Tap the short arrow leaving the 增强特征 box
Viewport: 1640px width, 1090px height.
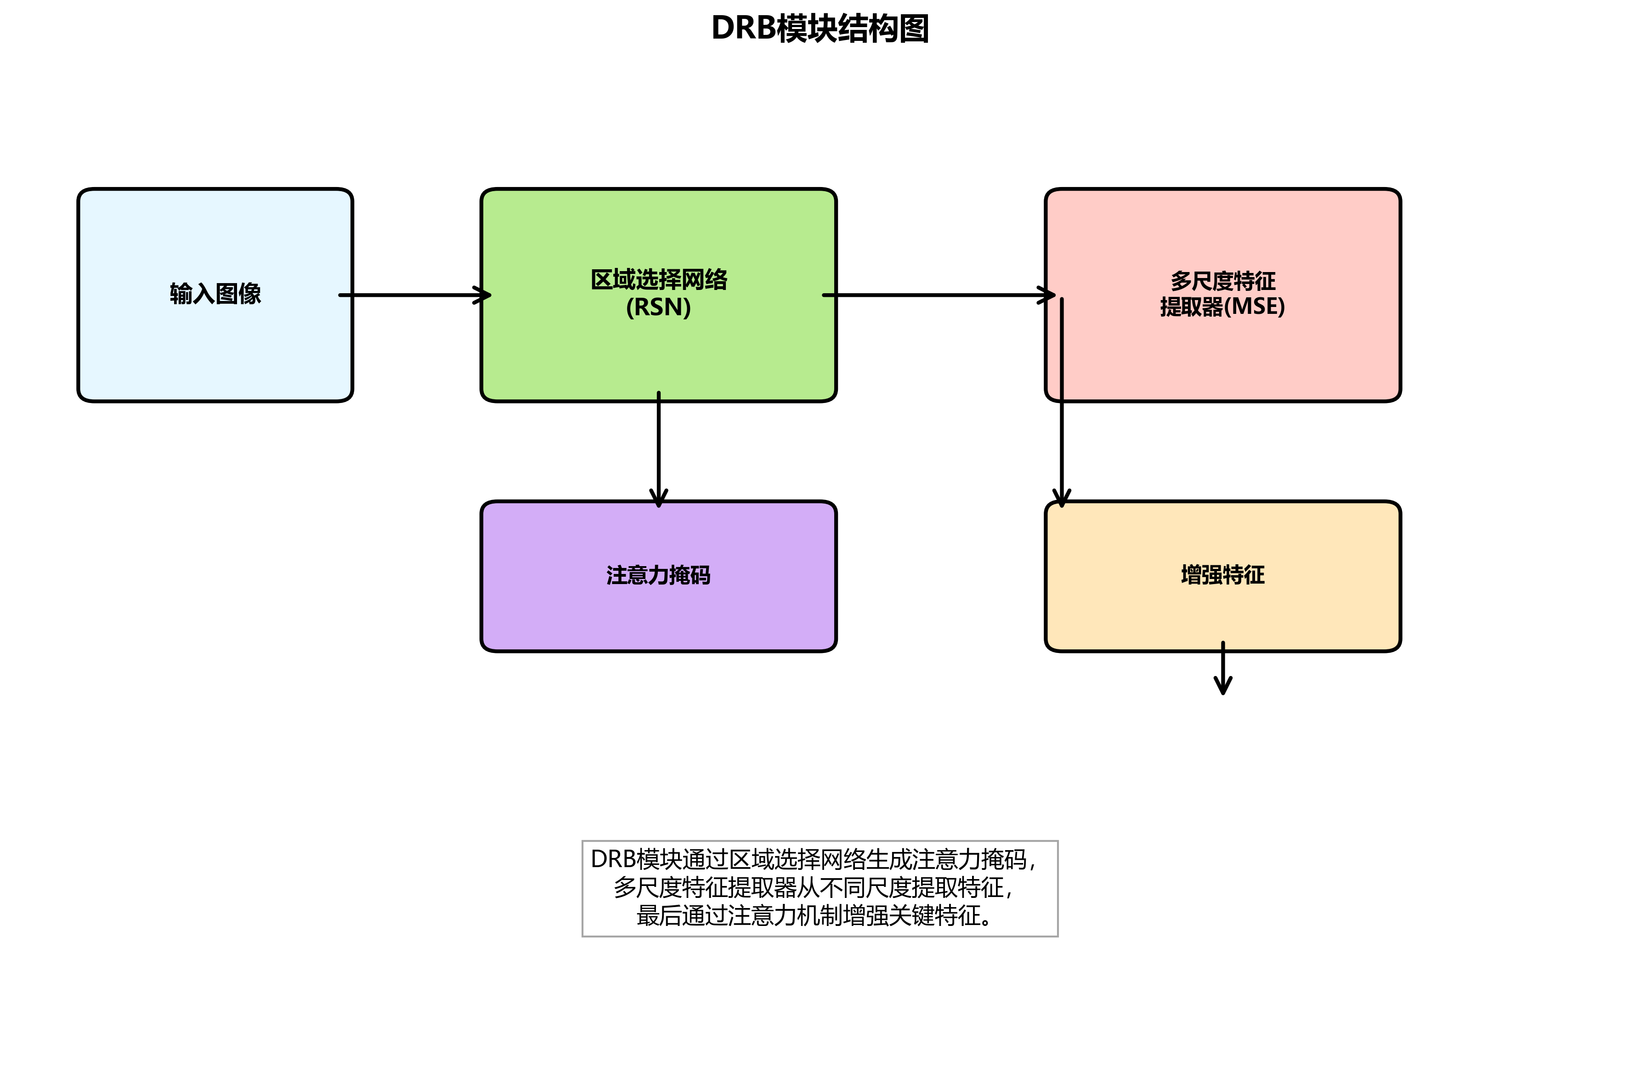pyautogui.click(x=1223, y=671)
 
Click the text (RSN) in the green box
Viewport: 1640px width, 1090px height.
pyautogui.click(x=658, y=307)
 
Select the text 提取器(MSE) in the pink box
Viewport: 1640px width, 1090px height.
pyautogui.click(x=1222, y=307)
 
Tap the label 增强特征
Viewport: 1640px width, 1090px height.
pyautogui.click(x=1222, y=575)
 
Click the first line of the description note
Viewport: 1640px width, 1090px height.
pyautogui.click(x=813, y=860)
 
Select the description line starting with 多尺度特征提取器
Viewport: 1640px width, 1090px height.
pyautogui.click(x=813, y=888)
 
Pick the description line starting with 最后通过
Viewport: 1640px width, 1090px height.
pyautogui.click(x=813, y=915)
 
